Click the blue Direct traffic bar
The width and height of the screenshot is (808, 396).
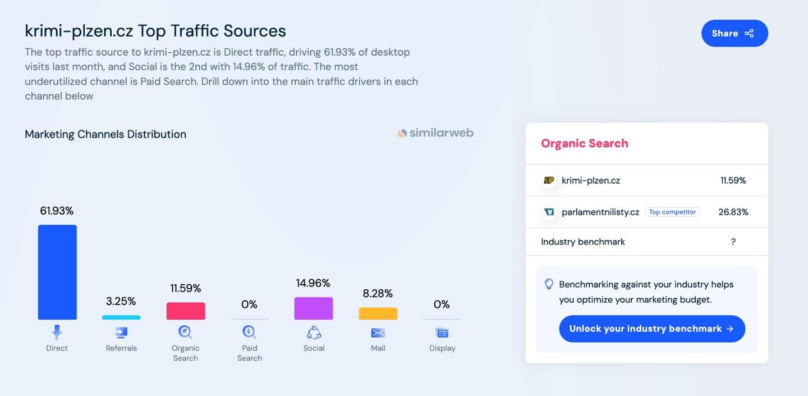pos(57,272)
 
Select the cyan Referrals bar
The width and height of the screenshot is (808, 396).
pos(121,317)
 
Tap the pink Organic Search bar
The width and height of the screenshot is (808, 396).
pos(186,311)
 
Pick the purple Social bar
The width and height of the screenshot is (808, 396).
pos(314,308)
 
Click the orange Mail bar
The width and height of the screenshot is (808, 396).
pos(378,313)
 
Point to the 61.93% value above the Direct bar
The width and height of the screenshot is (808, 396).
pos(57,211)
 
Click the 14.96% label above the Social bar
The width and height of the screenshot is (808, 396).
pos(313,283)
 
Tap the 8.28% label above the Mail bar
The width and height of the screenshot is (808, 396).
pos(378,293)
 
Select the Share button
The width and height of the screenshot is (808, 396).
pos(735,33)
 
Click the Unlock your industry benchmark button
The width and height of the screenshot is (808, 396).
pos(652,329)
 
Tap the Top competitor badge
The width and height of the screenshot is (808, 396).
pos(672,212)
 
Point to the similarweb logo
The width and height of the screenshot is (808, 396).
pos(436,133)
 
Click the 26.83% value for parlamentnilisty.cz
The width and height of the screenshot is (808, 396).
pos(733,212)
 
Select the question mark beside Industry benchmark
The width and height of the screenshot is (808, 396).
pos(733,242)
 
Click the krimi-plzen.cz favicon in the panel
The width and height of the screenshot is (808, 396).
pos(549,180)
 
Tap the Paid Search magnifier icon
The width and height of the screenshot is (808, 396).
pos(249,332)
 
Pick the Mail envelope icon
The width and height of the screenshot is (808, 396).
pos(378,333)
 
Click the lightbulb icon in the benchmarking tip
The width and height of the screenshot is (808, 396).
pos(549,284)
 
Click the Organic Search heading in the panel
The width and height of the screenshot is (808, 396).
pos(585,143)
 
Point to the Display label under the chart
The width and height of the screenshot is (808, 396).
pos(442,348)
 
